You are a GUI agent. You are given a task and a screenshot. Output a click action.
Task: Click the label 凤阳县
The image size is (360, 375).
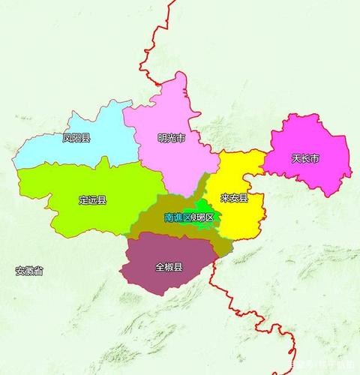click(76, 138)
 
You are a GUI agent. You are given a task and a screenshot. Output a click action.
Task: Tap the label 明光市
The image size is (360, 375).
click(171, 138)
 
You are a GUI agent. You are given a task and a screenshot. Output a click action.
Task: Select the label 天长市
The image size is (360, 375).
click(305, 159)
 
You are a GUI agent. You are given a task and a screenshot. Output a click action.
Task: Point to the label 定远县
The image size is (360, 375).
click(92, 200)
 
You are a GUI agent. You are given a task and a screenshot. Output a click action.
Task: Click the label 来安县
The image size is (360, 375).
click(234, 198)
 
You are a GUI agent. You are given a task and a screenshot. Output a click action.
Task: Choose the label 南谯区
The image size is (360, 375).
click(177, 217)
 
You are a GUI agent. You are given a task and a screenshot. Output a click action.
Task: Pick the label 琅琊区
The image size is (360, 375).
click(202, 217)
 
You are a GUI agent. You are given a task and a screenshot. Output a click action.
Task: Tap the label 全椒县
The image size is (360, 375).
click(169, 266)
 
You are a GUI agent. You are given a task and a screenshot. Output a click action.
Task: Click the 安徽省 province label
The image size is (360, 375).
click(29, 270)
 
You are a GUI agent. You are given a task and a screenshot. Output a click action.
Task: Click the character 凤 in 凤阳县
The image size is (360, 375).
click(67, 138)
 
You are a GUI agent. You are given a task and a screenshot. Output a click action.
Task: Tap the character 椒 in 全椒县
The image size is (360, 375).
click(169, 266)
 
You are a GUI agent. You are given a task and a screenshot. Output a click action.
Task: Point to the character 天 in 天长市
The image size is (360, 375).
click(296, 159)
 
